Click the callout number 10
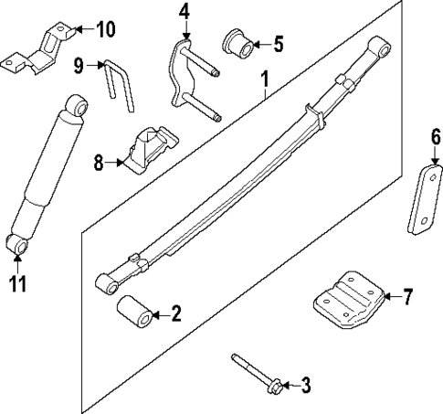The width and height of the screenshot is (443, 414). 105,30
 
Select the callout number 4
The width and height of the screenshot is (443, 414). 185,12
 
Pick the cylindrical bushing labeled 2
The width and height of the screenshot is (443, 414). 135,314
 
